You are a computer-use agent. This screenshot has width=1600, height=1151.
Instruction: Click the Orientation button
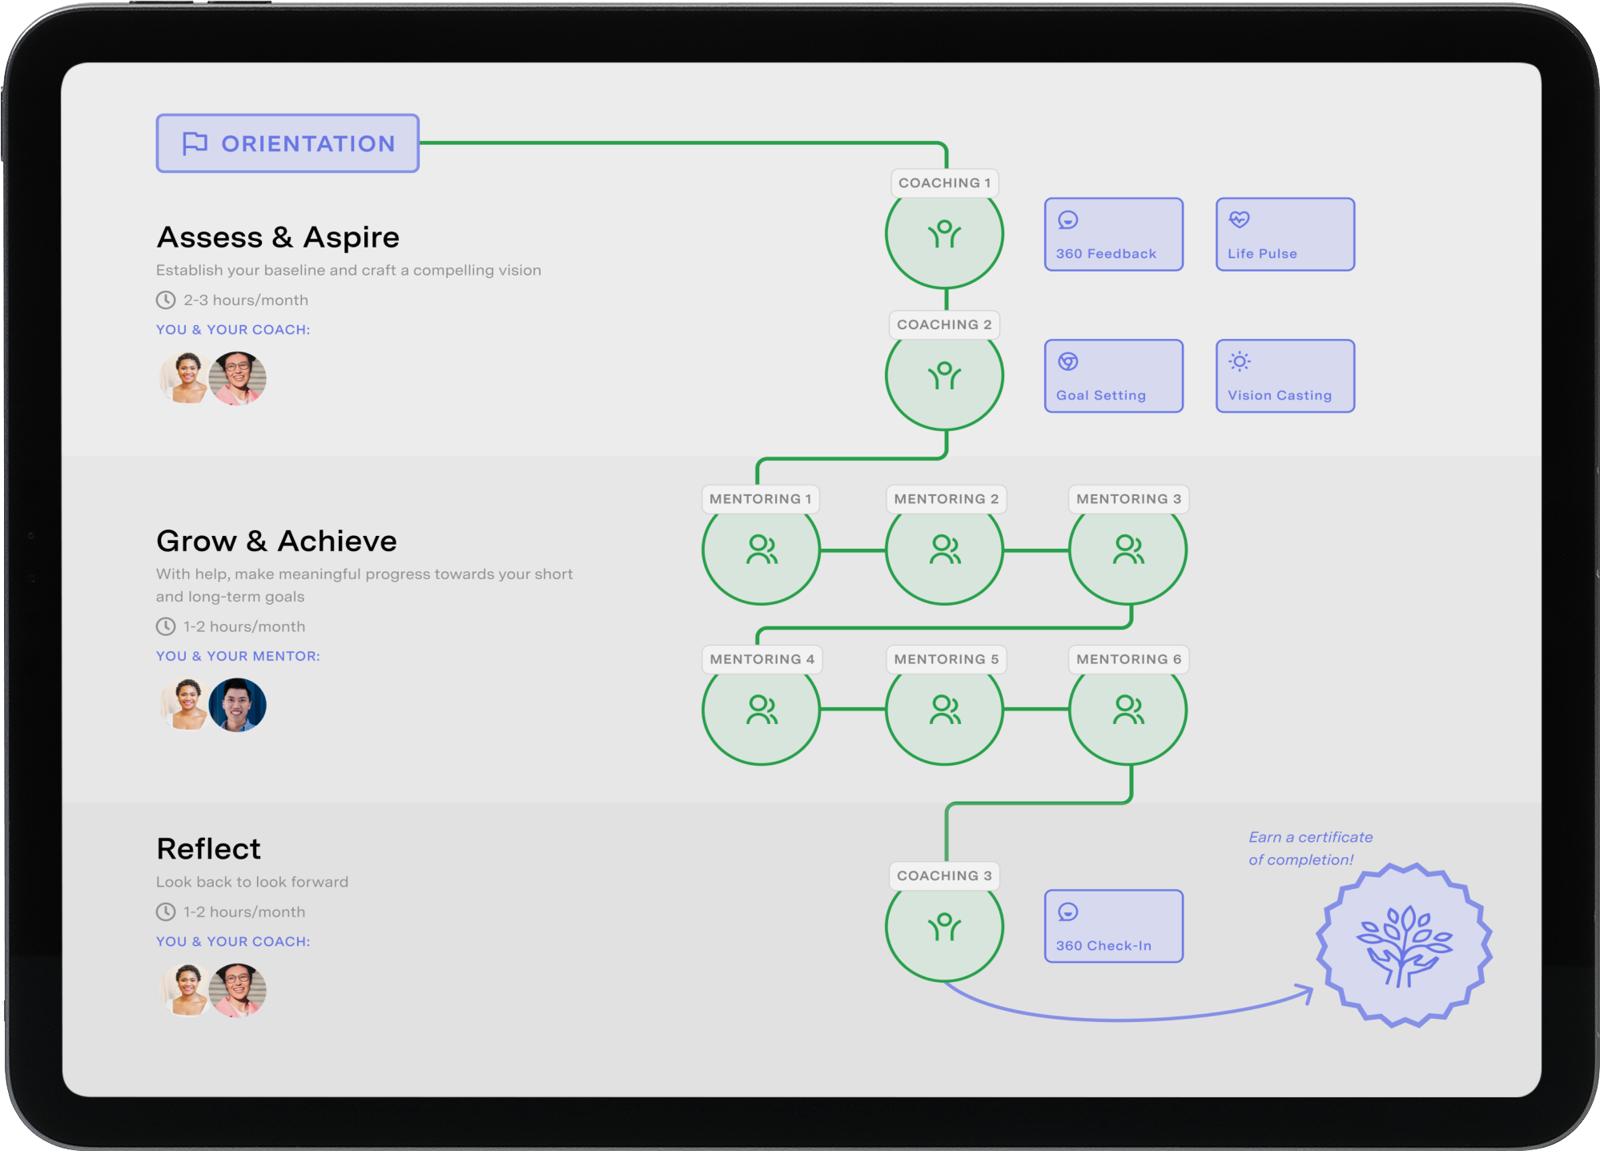[x=287, y=143]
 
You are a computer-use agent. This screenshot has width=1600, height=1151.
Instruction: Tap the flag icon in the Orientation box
[x=195, y=143]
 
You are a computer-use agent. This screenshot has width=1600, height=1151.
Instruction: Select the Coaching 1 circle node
[x=944, y=235]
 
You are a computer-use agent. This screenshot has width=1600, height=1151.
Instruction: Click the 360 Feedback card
[x=1113, y=235]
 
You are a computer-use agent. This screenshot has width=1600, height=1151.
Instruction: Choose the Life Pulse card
[x=1284, y=235]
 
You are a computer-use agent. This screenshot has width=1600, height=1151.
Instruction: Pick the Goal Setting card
[x=1113, y=376]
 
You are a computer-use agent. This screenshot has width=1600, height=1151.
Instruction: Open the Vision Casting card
[x=1284, y=376]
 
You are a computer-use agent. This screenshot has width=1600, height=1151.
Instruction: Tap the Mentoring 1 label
[x=760, y=499]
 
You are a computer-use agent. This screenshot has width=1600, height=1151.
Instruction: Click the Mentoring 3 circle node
[x=1128, y=550]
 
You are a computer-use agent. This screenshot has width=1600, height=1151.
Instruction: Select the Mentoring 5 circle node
[x=944, y=710]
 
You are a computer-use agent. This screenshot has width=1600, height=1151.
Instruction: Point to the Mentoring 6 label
[x=1128, y=659]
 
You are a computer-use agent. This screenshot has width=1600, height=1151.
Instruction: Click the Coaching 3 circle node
[x=944, y=927]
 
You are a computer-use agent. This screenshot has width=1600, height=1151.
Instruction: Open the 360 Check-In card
[x=1113, y=926]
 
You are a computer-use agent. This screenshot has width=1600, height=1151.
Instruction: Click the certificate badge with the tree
[x=1404, y=945]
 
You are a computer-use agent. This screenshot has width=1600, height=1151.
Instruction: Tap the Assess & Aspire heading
[x=278, y=237]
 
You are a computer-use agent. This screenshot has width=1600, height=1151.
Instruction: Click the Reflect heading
[x=208, y=849]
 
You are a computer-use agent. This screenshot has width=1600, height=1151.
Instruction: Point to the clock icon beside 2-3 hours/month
[x=166, y=300]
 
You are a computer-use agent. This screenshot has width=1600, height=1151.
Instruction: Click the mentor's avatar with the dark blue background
[x=237, y=705]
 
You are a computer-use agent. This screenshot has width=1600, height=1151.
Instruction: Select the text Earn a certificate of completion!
[x=1310, y=848]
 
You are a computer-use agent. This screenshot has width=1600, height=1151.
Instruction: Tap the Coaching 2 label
[x=944, y=324]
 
